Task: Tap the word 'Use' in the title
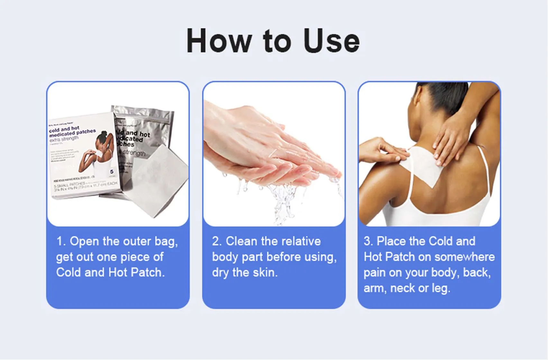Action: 332,41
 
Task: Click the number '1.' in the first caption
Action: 61,241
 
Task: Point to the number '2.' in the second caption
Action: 217,241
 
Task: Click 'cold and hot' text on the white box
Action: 64,129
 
